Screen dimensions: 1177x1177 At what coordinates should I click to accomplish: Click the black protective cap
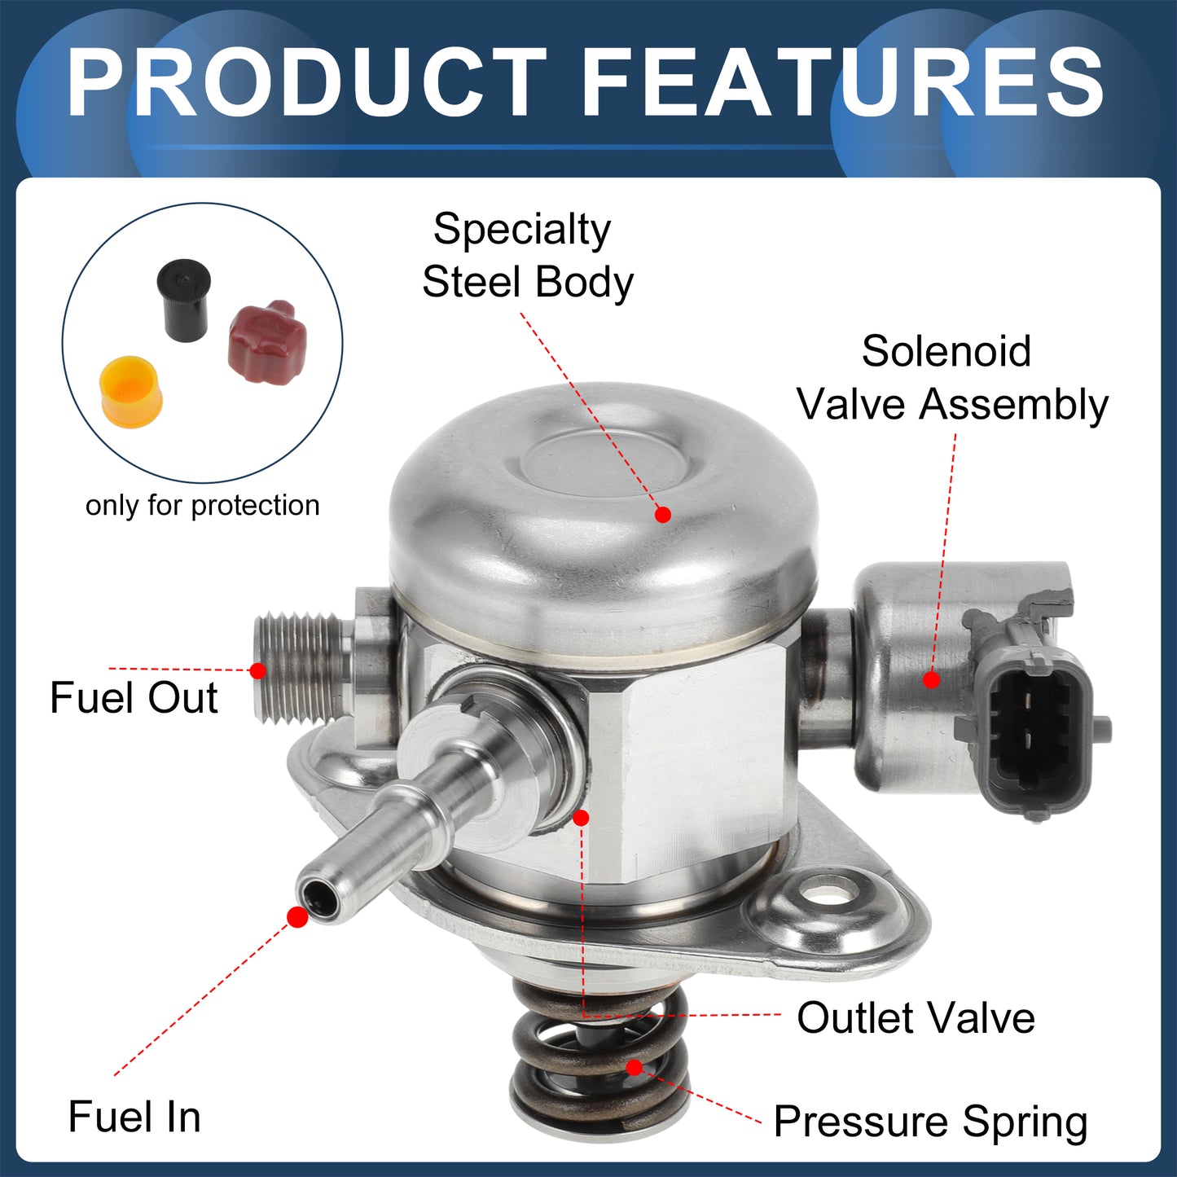point(183,301)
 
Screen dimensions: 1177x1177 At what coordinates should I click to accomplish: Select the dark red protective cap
point(266,341)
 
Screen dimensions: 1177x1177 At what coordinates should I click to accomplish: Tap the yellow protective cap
point(131,392)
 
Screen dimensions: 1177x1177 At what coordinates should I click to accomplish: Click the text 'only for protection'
point(202,506)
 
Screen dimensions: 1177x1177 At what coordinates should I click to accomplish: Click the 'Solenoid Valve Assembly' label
point(951,377)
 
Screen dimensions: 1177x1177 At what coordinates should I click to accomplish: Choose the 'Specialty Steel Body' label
point(528,255)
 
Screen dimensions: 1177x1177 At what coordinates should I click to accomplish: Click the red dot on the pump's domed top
point(663,514)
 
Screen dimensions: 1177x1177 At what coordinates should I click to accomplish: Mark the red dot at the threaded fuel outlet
point(257,670)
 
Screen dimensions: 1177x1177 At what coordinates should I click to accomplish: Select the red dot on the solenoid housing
point(931,679)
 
